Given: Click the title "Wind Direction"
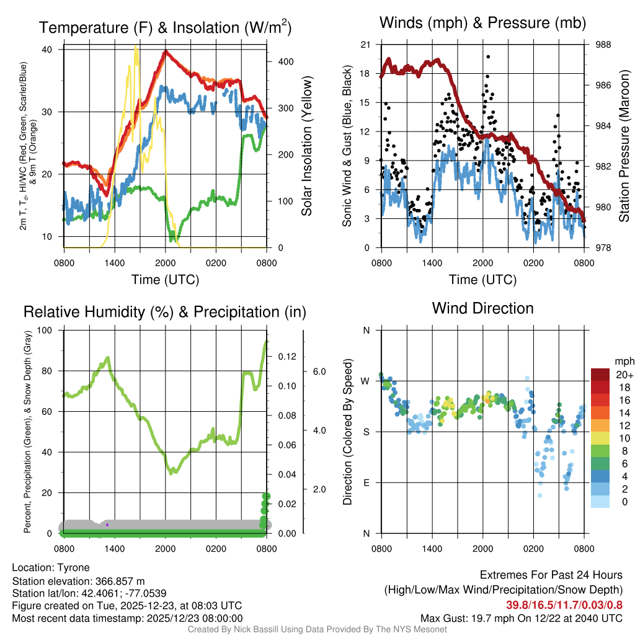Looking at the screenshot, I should [482, 308].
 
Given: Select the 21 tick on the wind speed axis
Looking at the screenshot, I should [365, 45].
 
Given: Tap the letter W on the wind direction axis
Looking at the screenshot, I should [366, 381].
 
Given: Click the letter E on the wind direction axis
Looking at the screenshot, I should [366, 482].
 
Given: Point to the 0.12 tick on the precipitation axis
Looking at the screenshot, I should [287, 357].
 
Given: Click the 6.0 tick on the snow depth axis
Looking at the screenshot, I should [319, 371].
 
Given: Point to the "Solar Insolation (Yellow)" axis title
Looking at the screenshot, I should [306, 146].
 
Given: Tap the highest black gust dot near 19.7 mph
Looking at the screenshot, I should [488, 56].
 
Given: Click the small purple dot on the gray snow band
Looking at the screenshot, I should [107, 525].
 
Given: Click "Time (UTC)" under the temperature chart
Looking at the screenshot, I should [166, 280].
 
